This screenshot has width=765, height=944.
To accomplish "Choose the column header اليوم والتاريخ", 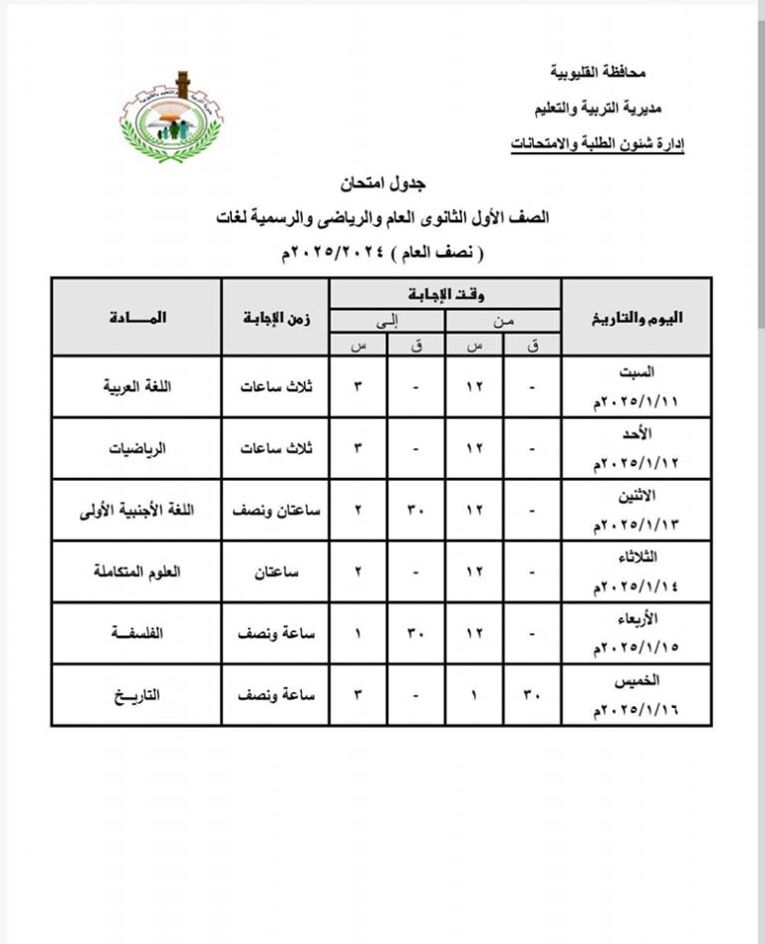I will tap(637, 317).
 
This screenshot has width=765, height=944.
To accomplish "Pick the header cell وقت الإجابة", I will tap(445, 294).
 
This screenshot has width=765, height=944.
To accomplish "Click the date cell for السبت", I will tap(637, 386).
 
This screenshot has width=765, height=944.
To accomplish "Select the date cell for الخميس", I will tap(637, 695).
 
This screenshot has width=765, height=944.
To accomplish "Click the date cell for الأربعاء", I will tap(637, 633).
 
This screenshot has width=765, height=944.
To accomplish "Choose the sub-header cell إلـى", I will tap(386, 320).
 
